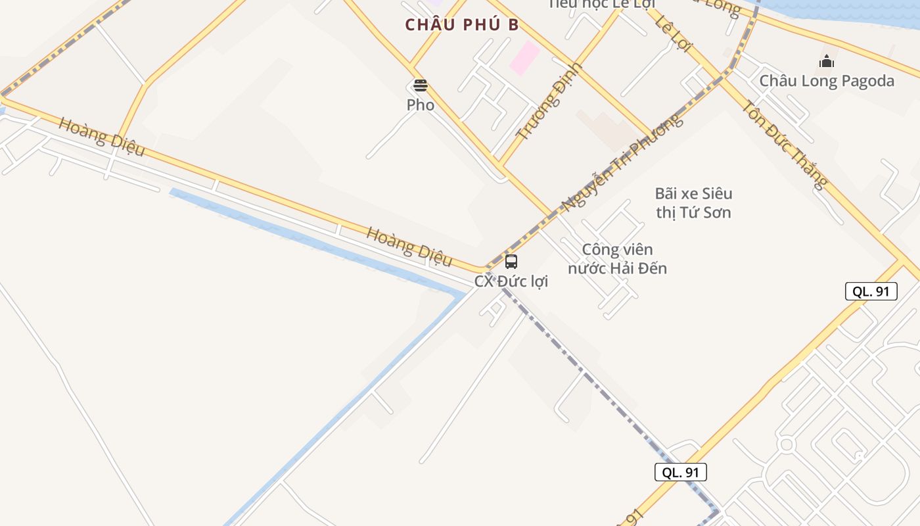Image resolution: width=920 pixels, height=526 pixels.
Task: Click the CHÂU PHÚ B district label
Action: point(462,25)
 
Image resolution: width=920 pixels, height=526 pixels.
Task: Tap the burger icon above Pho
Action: point(421,85)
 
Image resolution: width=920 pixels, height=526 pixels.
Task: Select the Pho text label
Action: point(421,105)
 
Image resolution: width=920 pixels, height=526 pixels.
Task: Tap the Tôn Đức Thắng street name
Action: point(784,145)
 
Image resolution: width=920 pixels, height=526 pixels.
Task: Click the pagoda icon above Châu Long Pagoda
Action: point(827,62)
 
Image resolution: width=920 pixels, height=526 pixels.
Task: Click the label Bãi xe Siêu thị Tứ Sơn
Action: point(693,203)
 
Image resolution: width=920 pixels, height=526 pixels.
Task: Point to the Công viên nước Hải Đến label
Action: point(618,259)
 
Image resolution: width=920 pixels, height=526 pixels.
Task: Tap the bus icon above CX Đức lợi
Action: point(511,262)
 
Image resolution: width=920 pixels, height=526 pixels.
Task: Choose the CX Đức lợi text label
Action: point(511,281)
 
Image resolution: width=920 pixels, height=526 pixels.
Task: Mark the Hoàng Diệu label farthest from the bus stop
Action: point(101,136)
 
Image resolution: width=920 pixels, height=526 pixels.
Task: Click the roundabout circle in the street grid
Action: point(786,445)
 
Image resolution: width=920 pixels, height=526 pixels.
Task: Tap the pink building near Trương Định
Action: point(525,57)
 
